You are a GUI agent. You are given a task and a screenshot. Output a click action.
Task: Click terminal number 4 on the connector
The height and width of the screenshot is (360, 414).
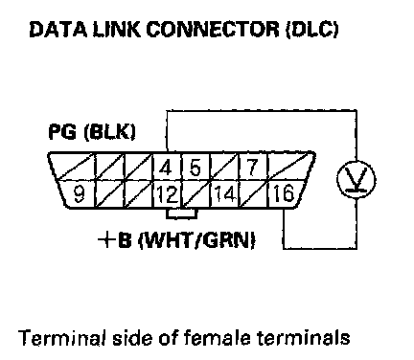[165, 168]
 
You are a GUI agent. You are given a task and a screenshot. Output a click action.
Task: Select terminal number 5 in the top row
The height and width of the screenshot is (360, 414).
[195, 168]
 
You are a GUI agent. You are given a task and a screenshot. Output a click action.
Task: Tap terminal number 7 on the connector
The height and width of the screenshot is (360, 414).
[252, 167]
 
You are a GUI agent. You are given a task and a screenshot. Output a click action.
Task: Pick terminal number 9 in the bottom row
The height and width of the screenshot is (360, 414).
[79, 193]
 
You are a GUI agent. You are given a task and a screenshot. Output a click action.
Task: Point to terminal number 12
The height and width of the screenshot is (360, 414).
[167, 194]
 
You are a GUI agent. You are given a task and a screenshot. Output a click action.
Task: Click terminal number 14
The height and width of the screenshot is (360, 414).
[225, 193]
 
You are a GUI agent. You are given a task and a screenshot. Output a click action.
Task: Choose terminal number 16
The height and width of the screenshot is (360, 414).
[283, 193]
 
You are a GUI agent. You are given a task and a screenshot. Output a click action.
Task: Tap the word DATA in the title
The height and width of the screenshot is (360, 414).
[58, 30]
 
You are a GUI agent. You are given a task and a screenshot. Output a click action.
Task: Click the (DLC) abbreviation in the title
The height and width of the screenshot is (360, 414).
[311, 30]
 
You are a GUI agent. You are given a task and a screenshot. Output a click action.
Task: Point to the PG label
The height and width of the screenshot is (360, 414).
[62, 131]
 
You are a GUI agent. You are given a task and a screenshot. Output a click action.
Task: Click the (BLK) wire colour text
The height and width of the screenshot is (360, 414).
[109, 131]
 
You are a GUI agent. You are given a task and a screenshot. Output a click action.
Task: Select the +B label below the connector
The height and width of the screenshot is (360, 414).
[115, 240]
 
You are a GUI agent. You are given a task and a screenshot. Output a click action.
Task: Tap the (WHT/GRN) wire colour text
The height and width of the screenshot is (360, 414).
[196, 240]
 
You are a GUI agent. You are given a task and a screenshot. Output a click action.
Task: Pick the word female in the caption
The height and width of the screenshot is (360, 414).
[219, 337]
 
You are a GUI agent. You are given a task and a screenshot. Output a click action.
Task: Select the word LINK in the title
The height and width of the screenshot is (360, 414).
[117, 30]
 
